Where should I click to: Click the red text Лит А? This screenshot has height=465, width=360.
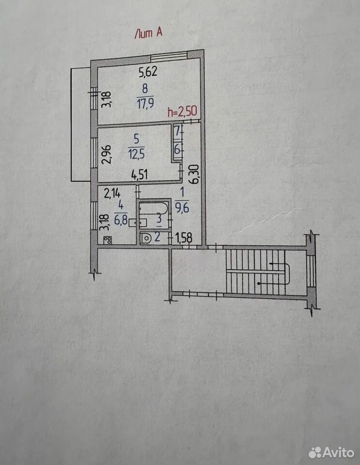pos(148,32)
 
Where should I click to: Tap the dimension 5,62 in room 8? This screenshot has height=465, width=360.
pos(148,72)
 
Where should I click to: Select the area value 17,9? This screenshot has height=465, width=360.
pos(145,104)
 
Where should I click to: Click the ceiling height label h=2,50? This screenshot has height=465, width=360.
pos(182,111)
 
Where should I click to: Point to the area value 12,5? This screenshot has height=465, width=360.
pos(137,154)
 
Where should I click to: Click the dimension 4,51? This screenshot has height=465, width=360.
pos(140,175)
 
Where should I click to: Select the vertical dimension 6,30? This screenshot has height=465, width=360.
pos(194,175)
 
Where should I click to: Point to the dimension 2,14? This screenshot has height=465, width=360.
pos(112,194)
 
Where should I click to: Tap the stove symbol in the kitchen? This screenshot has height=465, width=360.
pos(108,240)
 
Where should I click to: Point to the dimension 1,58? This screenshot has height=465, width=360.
pos(184,238)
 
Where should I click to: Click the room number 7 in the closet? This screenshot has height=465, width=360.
pos(177,130)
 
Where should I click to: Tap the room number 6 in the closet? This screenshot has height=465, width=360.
pos(177,149)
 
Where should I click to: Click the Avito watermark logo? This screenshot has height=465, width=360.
pos(331,452)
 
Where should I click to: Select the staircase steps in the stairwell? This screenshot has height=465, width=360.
pos(256,272)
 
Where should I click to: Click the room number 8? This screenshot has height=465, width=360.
pos(145,89)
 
